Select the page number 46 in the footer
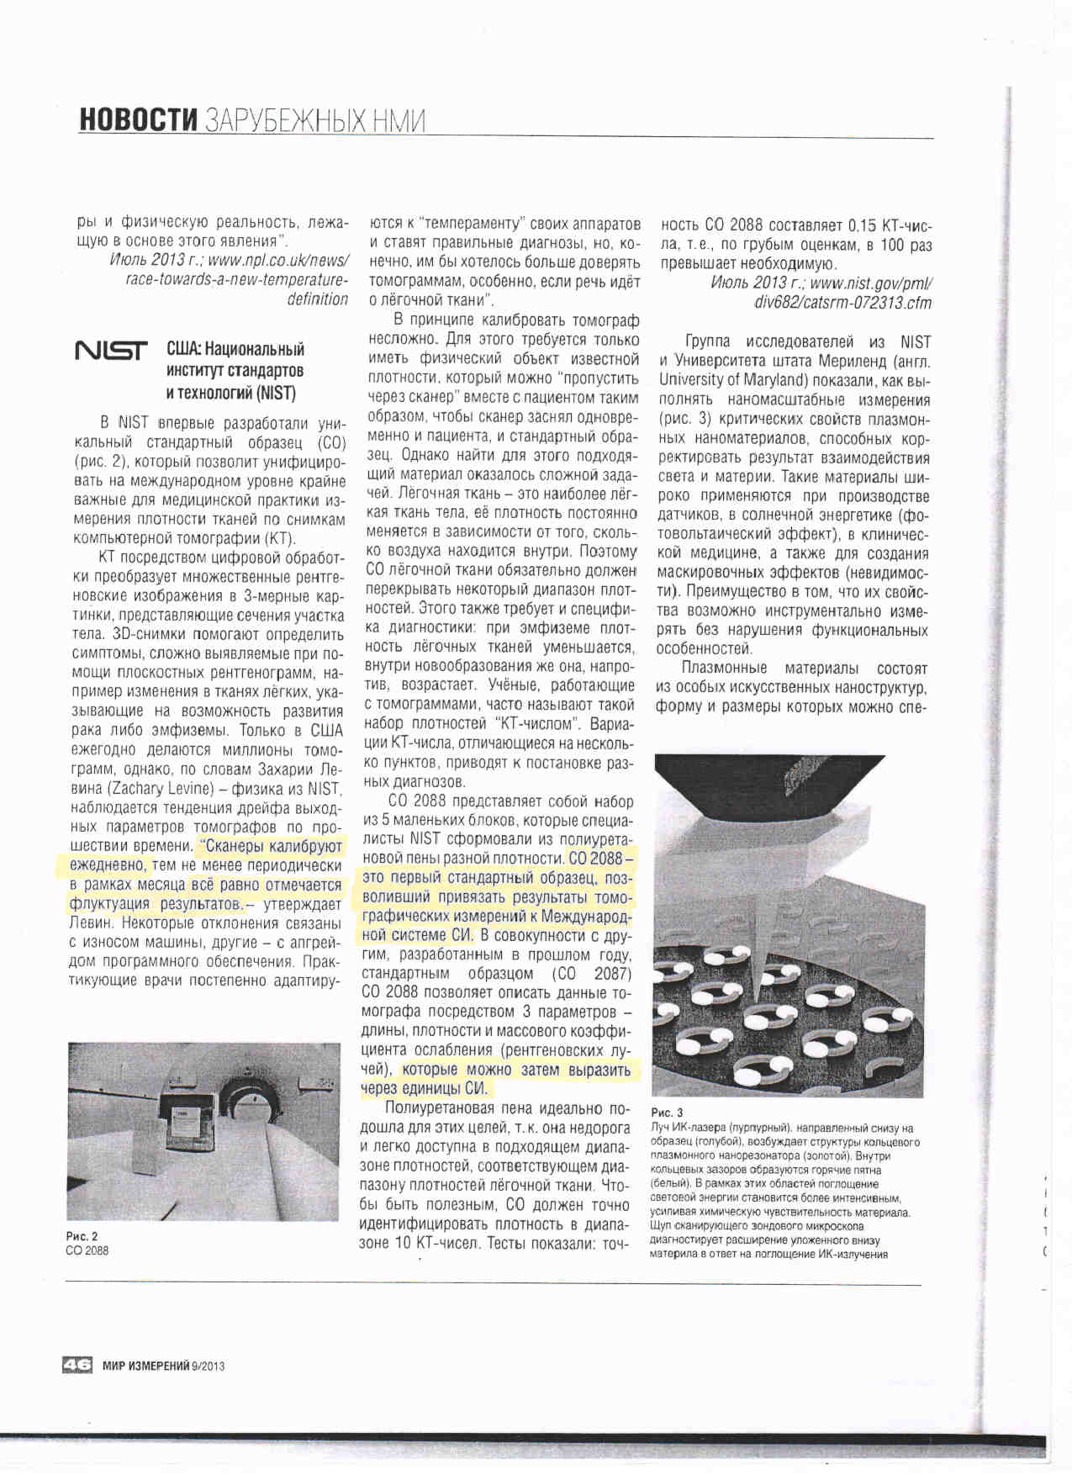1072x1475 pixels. [x=77, y=1366]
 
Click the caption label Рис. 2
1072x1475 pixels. [x=82, y=1236]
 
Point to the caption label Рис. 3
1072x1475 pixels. [x=668, y=1113]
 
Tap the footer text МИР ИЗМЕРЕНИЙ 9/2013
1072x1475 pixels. [x=164, y=1366]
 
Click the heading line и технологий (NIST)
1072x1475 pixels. [x=230, y=393]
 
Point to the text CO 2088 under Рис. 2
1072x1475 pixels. [x=87, y=1250]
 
